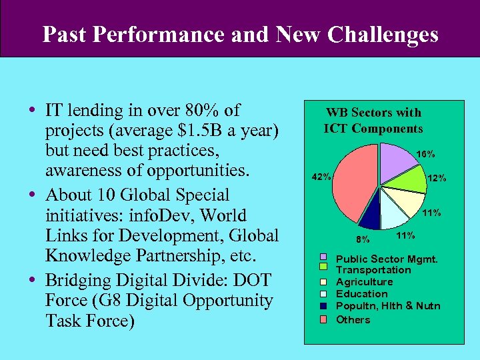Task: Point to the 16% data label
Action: [425, 154]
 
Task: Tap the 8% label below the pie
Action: [363, 239]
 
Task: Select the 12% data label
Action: [437, 178]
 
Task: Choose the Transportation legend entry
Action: [373, 270]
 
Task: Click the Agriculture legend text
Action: [364, 282]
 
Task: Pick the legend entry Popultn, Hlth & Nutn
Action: [388, 306]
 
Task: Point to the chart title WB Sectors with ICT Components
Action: [373, 121]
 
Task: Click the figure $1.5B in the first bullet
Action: [205, 129]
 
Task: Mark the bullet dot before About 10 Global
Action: [33, 195]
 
